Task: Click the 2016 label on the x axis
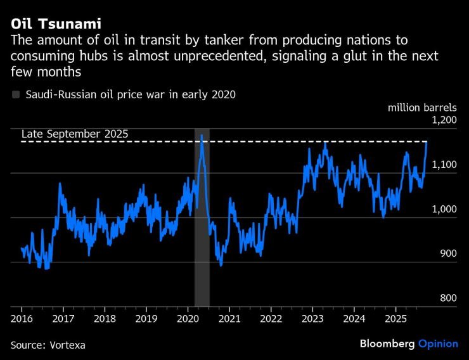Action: [22, 318]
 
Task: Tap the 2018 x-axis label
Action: [105, 318]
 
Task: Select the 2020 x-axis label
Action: [188, 318]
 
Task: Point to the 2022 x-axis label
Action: [271, 318]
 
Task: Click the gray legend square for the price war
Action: [16, 95]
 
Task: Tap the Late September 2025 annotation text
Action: [75, 134]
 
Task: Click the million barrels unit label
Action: [421, 107]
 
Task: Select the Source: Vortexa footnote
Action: [48, 345]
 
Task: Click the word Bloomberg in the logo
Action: [387, 344]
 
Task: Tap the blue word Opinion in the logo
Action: [438, 344]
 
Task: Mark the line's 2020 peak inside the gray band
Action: [202, 135]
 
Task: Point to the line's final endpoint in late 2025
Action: [427, 142]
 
